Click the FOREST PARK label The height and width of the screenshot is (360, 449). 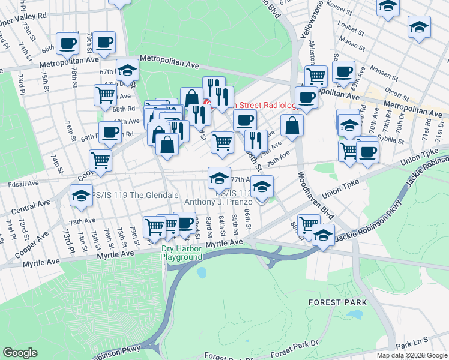pyautogui.click(x=333, y=302)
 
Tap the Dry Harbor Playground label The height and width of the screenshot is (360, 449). pyautogui.click(x=182, y=253)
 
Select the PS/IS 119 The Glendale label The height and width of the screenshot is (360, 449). pyautogui.click(x=128, y=195)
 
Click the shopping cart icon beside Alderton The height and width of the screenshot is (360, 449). pyautogui.click(x=316, y=76)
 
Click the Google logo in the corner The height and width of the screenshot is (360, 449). pyautogui.click(x=20, y=353)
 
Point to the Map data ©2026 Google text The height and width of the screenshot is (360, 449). pyautogui.click(x=411, y=355)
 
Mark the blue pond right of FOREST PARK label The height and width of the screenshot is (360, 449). pyautogui.click(x=356, y=314)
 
